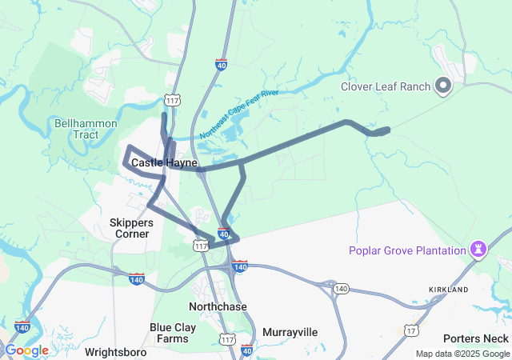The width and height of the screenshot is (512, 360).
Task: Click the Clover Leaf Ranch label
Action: (386, 86)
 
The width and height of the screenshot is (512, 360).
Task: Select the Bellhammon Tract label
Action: (86, 129)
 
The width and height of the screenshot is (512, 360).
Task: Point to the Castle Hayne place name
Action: (164, 162)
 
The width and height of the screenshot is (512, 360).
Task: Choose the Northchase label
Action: (218, 306)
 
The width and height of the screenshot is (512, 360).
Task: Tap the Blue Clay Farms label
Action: (170, 333)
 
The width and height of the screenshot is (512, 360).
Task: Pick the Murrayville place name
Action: (290, 331)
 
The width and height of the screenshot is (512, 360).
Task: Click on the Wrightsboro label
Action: (118, 351)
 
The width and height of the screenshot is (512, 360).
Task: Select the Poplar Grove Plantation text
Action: (407, 250)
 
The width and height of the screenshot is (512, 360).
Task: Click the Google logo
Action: (26, 350)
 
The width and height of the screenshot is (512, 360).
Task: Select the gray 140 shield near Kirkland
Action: (342, 288)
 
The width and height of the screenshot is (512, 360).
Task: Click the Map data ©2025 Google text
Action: (462, 354)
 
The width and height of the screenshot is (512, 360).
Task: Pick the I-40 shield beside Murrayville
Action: (246, 350)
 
